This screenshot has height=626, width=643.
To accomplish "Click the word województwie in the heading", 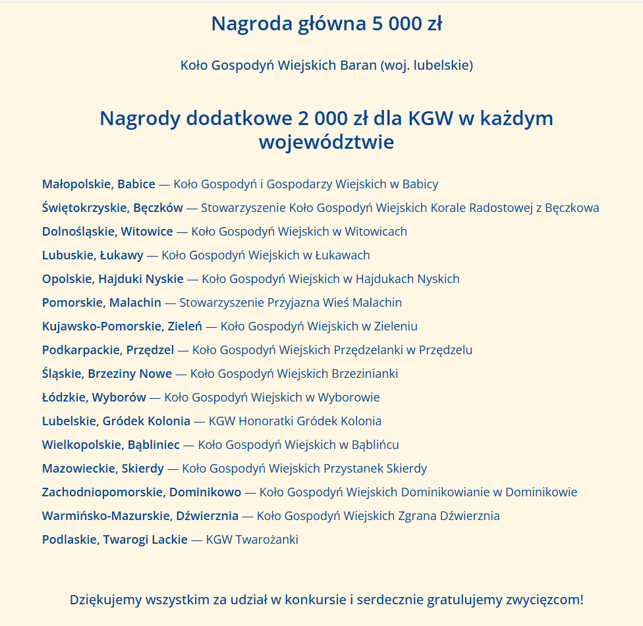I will coord(326,142).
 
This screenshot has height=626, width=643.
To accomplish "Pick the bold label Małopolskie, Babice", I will coord(99,184).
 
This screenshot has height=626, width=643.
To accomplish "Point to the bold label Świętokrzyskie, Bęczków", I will coord(113,208).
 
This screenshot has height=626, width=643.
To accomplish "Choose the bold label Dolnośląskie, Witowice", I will coord(107,232).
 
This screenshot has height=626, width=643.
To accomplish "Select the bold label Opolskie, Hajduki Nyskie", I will coord(113,279).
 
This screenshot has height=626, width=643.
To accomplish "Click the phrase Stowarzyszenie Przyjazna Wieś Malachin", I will coord(291,303).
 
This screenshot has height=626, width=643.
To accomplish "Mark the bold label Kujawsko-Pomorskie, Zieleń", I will coord(122,326).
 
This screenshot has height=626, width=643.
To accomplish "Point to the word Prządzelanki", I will coord(370,350).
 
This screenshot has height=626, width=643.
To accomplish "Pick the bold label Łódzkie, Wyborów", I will coord(94,398).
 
